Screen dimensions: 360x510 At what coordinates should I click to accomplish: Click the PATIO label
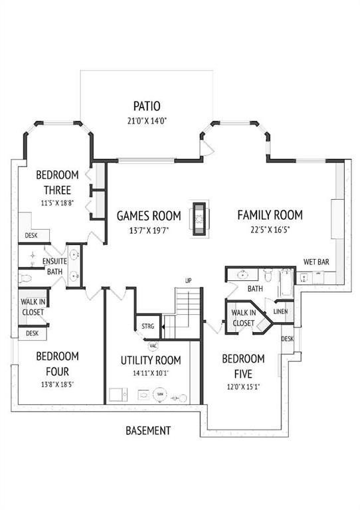tap(147, 106)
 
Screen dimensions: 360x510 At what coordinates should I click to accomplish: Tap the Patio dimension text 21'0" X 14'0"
tap(147, 122)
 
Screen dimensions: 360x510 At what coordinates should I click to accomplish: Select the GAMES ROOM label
tap(149, 216)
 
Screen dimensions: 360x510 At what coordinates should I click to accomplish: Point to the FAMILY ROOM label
tap(270, 215)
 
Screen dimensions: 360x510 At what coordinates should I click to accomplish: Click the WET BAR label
tap(316, 262)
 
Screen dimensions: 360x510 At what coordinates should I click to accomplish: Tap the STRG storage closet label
tap(147, 326)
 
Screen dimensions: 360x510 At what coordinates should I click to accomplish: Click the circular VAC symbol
tap(153, 346)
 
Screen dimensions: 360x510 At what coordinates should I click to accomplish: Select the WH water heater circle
tap(160, 394)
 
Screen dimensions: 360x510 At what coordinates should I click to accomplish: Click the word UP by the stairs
tap(188, 281)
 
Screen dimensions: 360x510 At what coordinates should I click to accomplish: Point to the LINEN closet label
tap(280, 311)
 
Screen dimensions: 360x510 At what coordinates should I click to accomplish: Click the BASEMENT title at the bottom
tap(148, 430)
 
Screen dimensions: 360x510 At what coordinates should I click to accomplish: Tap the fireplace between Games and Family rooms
tap(199, 219)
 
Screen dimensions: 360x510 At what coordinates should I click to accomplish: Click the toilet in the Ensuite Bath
tap(25, 278)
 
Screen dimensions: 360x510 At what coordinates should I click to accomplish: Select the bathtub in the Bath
tap(287, 283)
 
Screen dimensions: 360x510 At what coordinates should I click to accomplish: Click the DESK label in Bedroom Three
tap(31, 235)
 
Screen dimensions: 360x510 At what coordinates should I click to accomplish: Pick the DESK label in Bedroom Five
tap(287, 339)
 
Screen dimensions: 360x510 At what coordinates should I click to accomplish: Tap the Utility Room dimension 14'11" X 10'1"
tap(151, 373)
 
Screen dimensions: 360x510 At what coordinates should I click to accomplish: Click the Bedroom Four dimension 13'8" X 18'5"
tap(58, 384)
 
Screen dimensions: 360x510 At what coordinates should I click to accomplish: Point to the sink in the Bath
tap(242, 275)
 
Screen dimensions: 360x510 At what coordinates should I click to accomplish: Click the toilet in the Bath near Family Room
tap(268, 275)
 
